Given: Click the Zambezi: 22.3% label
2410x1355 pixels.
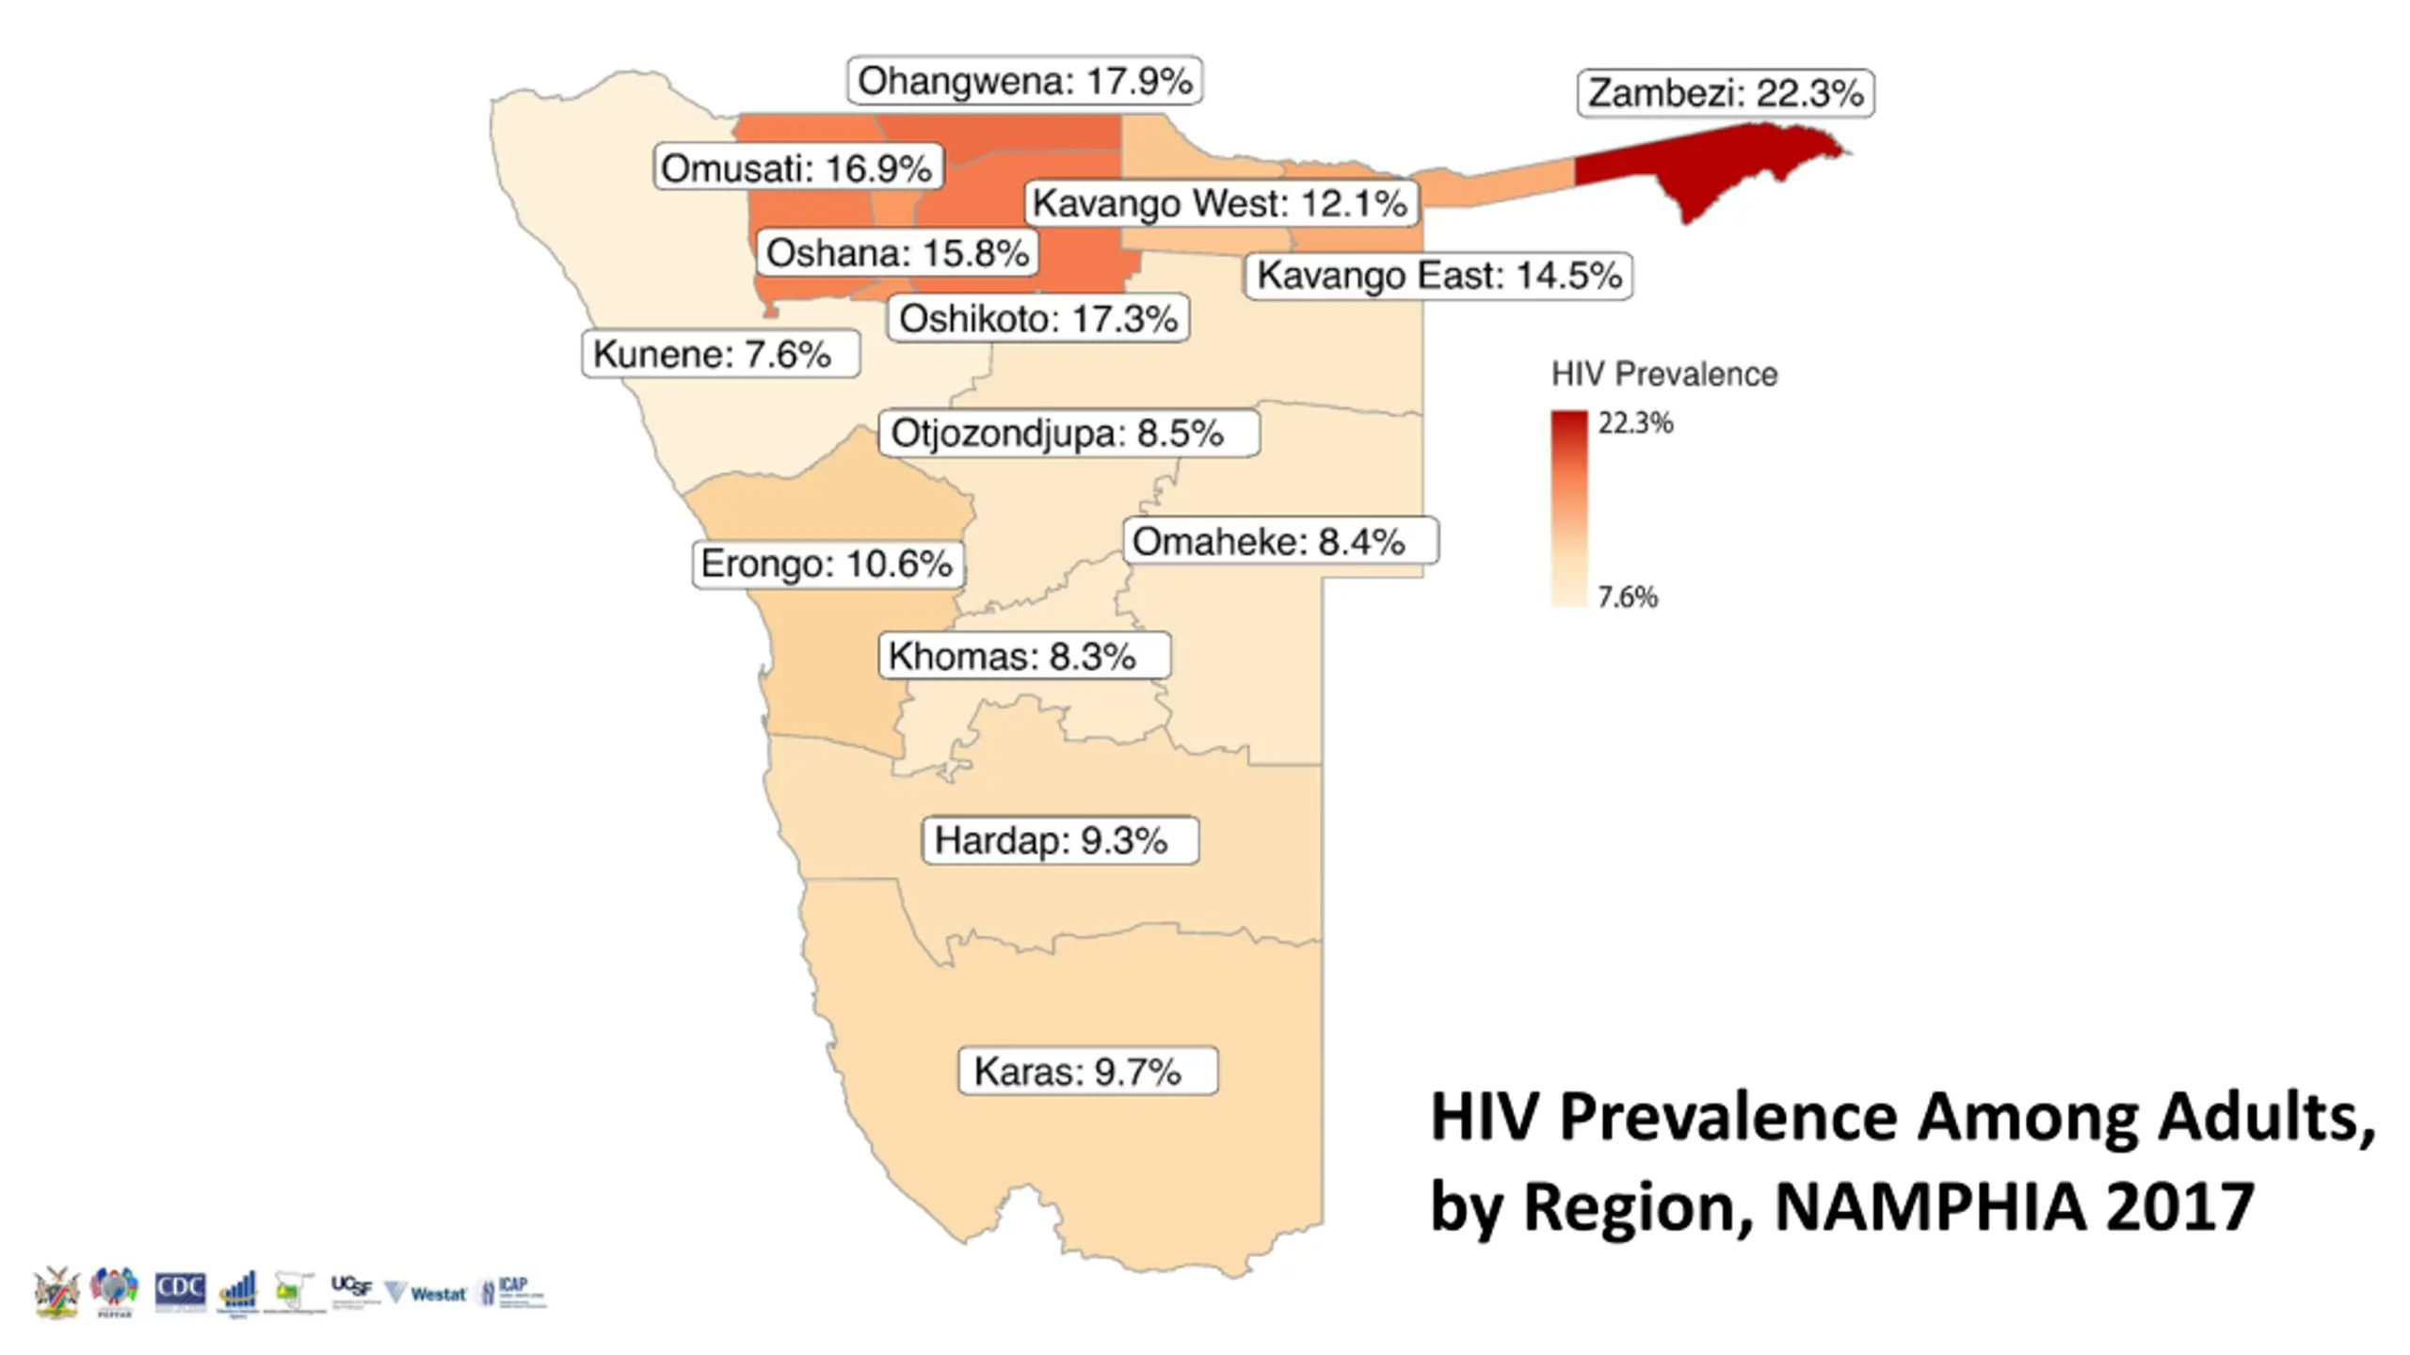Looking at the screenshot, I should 1726,93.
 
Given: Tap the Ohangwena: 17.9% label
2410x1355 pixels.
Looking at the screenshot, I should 1025,81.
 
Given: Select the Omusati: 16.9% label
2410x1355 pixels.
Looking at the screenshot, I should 797,168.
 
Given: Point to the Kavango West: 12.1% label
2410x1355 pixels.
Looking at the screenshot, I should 1220,203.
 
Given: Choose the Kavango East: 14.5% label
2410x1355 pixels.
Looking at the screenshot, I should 1438,276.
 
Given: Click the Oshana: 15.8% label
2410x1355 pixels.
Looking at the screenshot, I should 897,253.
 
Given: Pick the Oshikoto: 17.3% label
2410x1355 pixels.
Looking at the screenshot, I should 1038,319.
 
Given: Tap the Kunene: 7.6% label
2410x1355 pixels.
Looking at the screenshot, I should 720,355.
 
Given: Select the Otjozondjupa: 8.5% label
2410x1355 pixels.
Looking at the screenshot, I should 1068,434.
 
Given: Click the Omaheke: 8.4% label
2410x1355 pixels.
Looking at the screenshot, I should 1280,541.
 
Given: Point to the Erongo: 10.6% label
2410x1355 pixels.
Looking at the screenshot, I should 827,564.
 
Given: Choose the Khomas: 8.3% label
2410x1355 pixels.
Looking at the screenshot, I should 1023,656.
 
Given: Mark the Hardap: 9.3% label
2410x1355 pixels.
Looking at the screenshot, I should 1060,840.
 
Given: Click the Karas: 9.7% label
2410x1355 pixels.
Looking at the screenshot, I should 1087,1071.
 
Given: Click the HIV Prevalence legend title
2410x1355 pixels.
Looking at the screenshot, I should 1664,375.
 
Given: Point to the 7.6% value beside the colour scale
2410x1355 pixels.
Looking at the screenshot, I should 1628,597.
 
